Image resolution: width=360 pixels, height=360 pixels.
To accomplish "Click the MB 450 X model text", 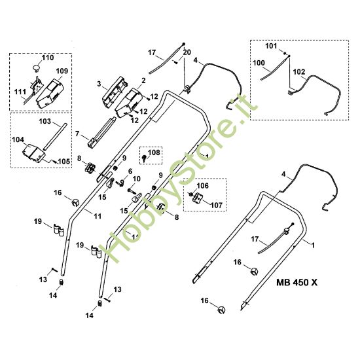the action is (x=297, y=282).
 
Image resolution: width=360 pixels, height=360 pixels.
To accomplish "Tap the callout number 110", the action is (x=48, y=58).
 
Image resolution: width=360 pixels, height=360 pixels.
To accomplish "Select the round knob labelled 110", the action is (x=36, y=67).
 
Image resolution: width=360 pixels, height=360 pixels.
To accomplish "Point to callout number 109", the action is (x=62, y=71).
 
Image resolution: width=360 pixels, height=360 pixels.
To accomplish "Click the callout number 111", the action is (x=20, y=92).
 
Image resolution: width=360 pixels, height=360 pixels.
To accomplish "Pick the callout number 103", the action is (x=45, y=121).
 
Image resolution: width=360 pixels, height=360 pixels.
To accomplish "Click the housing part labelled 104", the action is (x=33, y=154).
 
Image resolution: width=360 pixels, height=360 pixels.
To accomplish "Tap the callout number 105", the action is (x=64, y=162).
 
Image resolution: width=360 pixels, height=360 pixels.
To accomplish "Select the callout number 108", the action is (x=154, y=153).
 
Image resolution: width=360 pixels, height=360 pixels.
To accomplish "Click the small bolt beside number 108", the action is (x=144, y=158).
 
